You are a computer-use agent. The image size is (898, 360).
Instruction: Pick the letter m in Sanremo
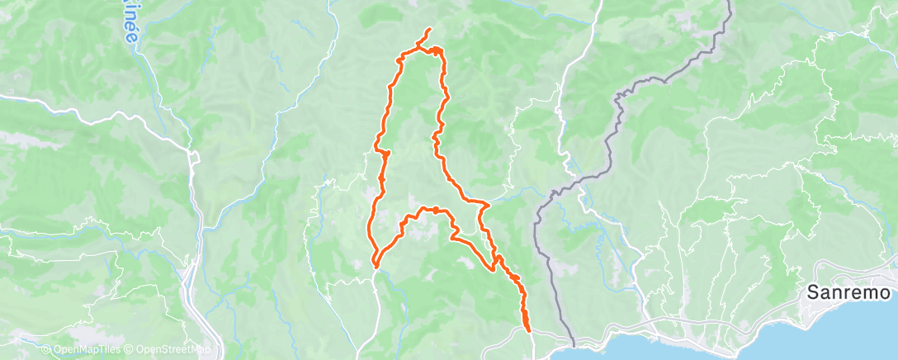click(869, 293)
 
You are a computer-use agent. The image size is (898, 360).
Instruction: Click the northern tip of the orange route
click(429, 31)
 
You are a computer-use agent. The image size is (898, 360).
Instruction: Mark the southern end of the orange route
click(527, 332)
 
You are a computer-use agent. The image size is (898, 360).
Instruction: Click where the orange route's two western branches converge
click(376, 264)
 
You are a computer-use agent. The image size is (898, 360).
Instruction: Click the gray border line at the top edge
click(730, 3)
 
